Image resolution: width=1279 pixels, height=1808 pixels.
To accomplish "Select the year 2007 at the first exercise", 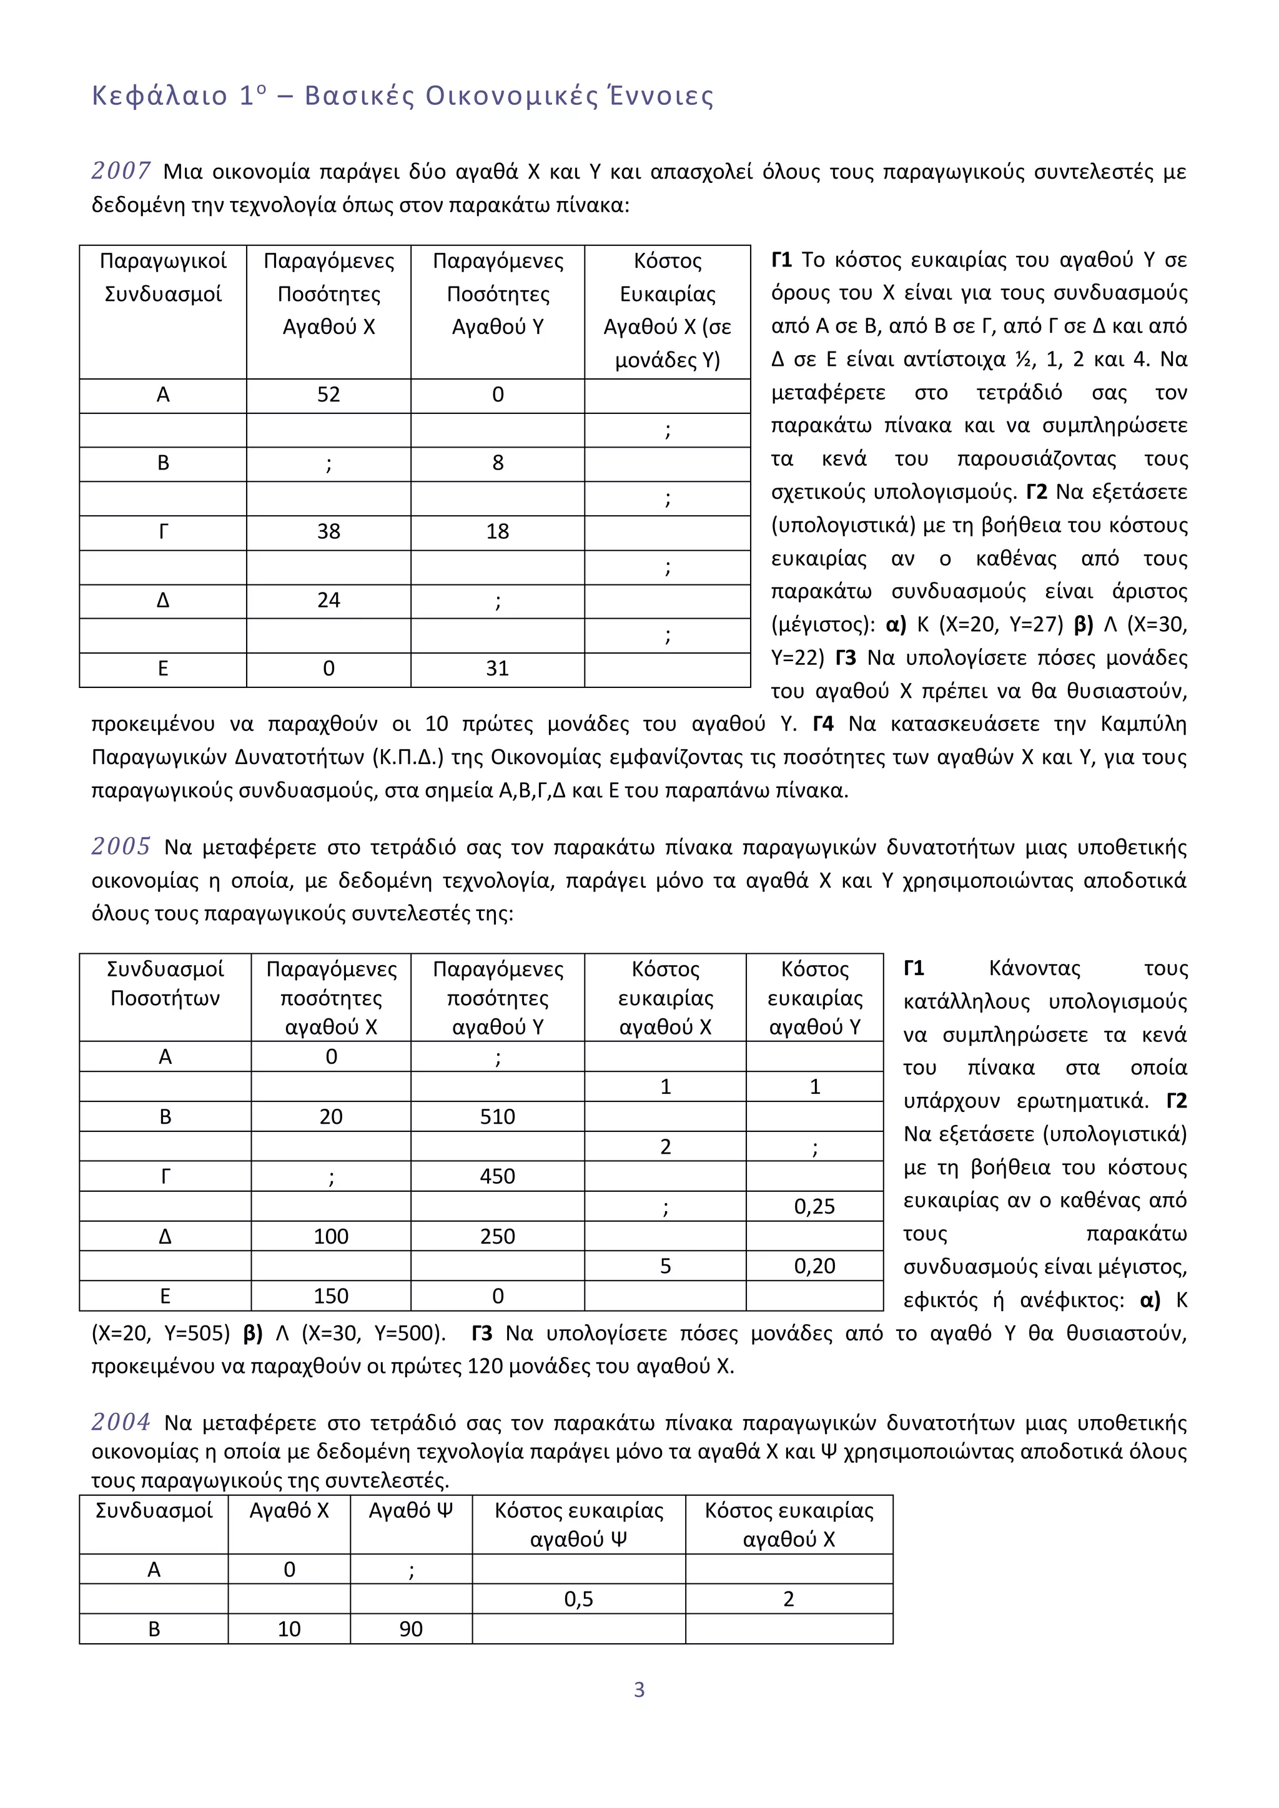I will pos(121,171).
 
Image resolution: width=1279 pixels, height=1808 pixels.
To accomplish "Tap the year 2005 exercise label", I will pos(121,847).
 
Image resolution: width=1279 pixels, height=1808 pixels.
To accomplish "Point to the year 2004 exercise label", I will pos(121,1422).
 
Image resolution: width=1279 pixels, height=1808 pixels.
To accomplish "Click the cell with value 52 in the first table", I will pos(328,395).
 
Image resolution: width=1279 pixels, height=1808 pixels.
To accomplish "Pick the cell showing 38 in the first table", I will pos(328,531).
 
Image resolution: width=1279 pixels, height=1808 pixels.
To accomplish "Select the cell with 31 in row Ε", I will pos(497,669).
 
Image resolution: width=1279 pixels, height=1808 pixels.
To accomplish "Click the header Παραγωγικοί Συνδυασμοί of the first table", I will pos(163,277).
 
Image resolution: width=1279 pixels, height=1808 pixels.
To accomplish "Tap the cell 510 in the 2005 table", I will pos(497,1117).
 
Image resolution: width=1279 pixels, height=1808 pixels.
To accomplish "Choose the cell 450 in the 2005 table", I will pos(497,1176).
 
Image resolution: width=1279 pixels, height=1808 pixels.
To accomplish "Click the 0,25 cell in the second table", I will pos(814,1206).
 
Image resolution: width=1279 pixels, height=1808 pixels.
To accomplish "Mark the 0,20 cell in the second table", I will pos(814,1266).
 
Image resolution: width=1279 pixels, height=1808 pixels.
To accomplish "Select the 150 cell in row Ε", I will pos(331,1296).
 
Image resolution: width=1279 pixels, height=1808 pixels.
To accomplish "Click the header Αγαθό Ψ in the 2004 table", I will pos(411,1510).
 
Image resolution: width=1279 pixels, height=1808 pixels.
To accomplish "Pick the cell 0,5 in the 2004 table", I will pos(578,1599).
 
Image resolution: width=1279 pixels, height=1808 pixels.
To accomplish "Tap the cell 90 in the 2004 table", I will pos(411,1629).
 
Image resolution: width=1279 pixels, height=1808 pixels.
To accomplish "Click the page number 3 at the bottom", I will pos(639,1690).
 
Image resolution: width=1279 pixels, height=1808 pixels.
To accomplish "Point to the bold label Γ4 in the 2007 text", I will pos(823,724).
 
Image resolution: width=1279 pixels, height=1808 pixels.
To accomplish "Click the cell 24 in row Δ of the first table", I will pos(328,600).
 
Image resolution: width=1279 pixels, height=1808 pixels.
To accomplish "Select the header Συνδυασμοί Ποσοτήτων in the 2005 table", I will pos(165,983).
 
